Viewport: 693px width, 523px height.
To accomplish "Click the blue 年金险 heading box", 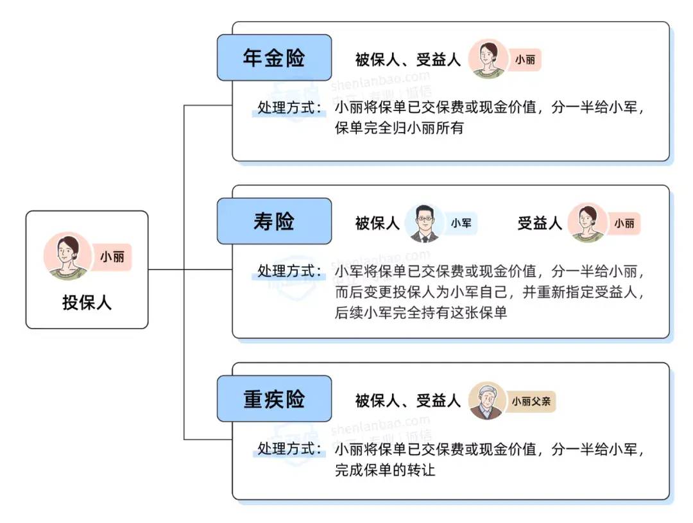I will point(274,58).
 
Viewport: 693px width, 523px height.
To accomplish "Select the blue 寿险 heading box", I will point(274,221).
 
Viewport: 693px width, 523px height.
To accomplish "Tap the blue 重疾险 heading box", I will point(274,399).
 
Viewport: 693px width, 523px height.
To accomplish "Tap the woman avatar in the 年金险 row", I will point(487,59).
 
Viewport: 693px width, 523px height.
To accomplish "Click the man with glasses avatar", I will point(425,223).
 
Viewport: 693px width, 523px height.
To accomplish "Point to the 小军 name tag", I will point(461,224).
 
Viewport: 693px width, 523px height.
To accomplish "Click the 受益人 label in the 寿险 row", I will point(540,223).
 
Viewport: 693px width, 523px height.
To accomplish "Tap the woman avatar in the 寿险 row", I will point(586,223).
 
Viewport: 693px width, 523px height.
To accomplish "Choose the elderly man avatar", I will point(487,401).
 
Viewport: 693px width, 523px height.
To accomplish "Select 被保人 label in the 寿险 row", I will point(377,223).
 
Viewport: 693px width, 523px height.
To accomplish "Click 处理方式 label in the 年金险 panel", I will point(290,108).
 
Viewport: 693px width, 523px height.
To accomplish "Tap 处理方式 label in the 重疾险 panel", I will point(290,449).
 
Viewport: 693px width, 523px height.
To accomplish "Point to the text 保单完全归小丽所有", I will point(398,128).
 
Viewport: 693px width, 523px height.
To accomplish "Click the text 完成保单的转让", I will point(385,470).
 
